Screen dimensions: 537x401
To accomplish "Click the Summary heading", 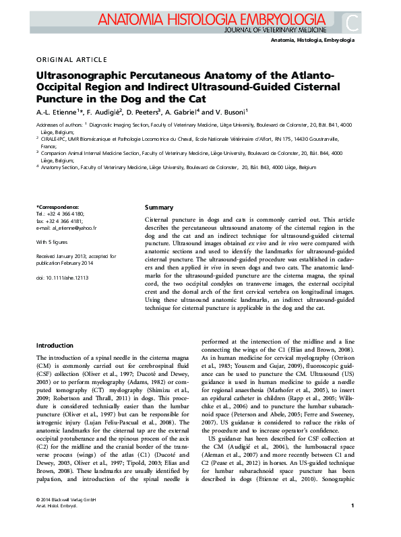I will click(x=159, y=208).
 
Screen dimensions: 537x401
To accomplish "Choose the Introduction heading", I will click(x=55, y=345).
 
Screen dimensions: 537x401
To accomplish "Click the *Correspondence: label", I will click(x=57, y=207).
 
